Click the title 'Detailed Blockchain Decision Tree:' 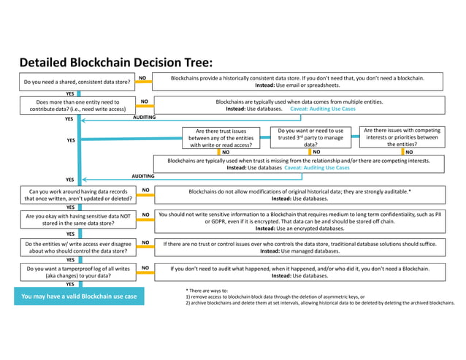click(x=115, y=62)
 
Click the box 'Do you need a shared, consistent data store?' click(x=77, y=82)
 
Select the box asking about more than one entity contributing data click(x=77, y=105)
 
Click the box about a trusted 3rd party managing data click(x=310, y=137)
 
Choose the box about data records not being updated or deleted click(x=77, y=194)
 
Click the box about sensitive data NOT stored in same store click(x=77, y=220)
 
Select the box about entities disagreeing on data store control click(x=77, y=247)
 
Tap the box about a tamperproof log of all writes click(x=77, y=272)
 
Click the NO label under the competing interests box click(x=408, y=152)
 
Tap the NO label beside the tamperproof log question click(x=145, y=268)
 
